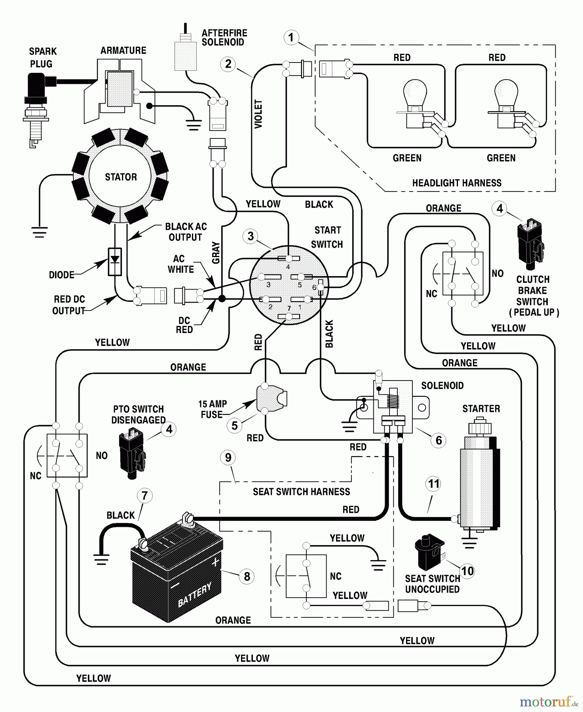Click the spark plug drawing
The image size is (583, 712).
[x=36, y=107]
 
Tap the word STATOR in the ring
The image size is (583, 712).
[x=121, y=177]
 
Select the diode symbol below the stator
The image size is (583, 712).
[x=115, y=261]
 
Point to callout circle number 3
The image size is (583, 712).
[x=250, y=236]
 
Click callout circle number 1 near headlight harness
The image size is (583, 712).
[x=291, y=38]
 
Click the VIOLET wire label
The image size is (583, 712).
[x=258, y=114]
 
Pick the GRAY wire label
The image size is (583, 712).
[x=216, y=253]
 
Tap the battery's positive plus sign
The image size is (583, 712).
[x=215, y=562]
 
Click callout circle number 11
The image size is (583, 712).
[x=434, y=484]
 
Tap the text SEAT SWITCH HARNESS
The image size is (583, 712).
[x=301, y=492]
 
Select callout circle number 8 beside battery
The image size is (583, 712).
[x=247, y=576]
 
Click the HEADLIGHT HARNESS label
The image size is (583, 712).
[x=457, y=183]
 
